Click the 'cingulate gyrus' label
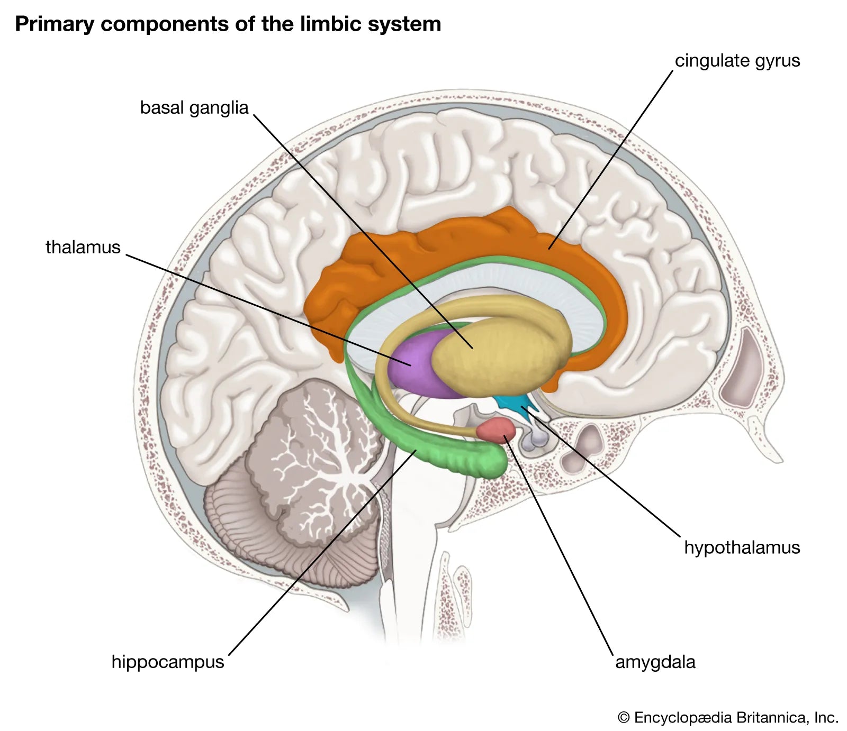click(x=737, y=61)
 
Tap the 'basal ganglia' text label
click(x=194, y=108)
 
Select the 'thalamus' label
click(x=83, y=247)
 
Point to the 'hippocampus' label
click(x=168, y=662)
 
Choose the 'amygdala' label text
click(x=655, y=662)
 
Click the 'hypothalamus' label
click(x=742, y=547)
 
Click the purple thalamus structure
click(x=410, y=365)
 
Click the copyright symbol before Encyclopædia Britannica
click(x=624, y=718)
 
